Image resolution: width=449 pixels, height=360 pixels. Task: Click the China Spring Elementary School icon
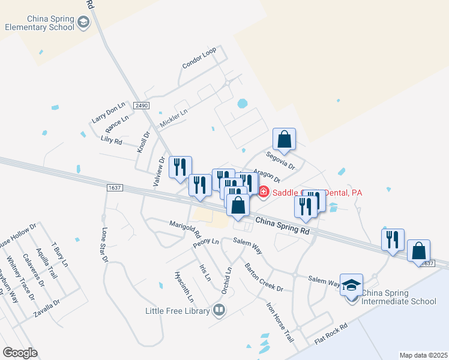(x=83, y=23)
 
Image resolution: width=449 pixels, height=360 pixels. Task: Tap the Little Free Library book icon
(x=219, y=310)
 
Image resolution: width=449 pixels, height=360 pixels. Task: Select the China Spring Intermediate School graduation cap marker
(x=351, y=284)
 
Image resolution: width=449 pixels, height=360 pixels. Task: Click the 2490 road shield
(x=141, y=106)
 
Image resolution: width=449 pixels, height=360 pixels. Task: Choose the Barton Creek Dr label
(x=263, y=277)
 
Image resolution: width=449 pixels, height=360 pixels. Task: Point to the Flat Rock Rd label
(x=331, y=335)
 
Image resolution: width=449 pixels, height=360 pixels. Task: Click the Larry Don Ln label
(x=108, y=112)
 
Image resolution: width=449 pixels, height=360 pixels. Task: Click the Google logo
(x=20, y=353)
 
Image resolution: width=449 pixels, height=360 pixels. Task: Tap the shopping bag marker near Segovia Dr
(x=285, y=139)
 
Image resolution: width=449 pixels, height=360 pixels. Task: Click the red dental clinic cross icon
(x=264, y=191)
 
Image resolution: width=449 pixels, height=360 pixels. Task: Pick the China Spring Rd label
(x=282, y=226)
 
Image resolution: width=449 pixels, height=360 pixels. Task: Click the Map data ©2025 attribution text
(x=423, y=355)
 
